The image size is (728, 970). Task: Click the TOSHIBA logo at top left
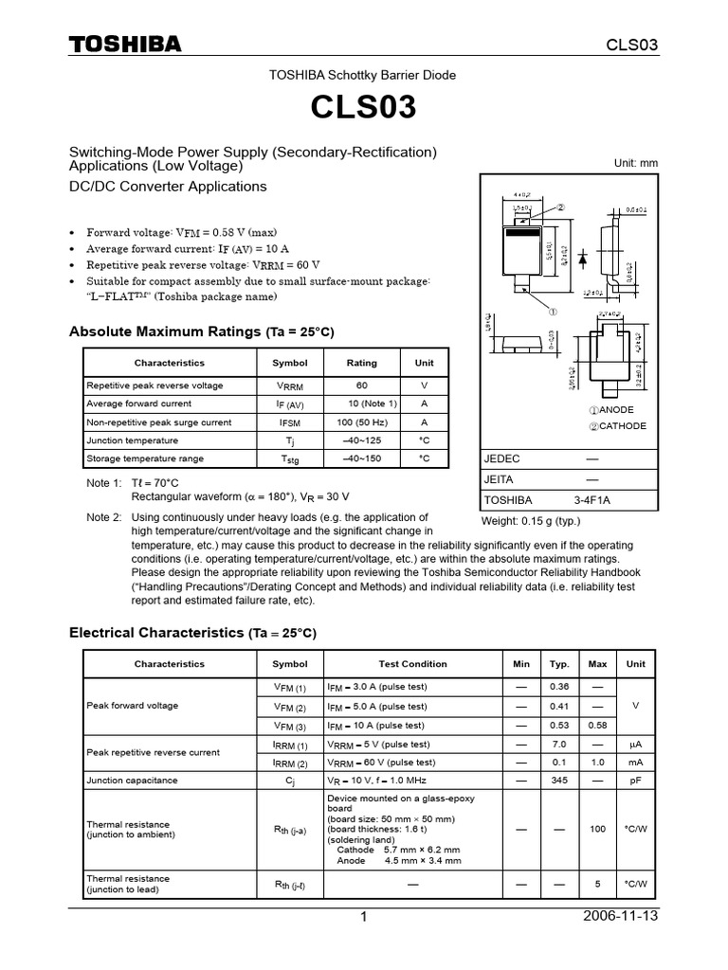(123, 45)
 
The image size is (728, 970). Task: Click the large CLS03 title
(363, 109)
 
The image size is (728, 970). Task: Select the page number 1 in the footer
(363, 917)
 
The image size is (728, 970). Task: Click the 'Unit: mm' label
(636, 163)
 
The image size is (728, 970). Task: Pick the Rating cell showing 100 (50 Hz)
(361, 422)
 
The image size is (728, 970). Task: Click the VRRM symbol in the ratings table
(290, 386)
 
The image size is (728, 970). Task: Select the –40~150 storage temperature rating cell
(361, 458)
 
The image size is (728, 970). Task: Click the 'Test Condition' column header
(412, 664)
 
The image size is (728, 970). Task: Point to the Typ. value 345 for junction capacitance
(559, 781)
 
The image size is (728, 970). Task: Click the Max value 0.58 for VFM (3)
(597, 726)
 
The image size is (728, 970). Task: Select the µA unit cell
(635, 745)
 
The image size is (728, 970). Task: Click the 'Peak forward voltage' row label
(132, 706)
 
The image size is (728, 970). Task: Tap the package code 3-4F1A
(592, 500)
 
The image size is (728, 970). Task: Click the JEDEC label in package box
(502, 458)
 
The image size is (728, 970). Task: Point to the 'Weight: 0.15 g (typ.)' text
(532, 521)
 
